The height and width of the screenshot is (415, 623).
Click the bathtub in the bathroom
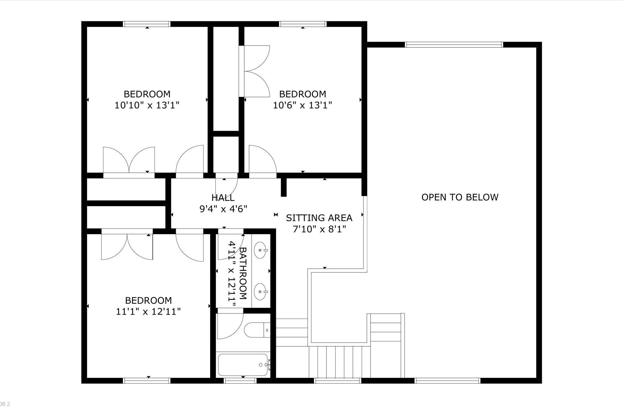point(243,365)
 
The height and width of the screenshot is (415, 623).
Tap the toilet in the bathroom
point(257,330)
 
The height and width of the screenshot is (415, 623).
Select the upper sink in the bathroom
point(260,250)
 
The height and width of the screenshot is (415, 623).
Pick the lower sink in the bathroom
point(260,292)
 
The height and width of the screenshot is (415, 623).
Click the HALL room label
point(223,198)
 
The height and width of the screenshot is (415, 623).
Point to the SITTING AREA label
point(319,218)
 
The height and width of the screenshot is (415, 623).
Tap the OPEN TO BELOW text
point(460,197)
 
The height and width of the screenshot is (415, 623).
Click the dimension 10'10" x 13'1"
point(147,105)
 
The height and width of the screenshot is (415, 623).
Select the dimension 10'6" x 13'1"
point(302,105)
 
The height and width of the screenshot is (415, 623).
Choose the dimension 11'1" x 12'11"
point(148,312)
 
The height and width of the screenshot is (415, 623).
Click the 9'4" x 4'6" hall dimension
point(223,209)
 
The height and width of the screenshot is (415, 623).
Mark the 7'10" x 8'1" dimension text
point(319,229)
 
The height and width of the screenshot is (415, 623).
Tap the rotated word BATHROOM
point(243,273)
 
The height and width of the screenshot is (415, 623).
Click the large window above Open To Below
point(454,45)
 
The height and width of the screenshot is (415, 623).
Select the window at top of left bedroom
point(147,24)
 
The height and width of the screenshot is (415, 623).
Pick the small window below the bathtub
point(240,381)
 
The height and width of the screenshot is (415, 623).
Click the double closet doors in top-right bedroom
point(254,71)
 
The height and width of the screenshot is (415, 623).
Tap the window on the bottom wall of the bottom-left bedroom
point(147,381)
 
